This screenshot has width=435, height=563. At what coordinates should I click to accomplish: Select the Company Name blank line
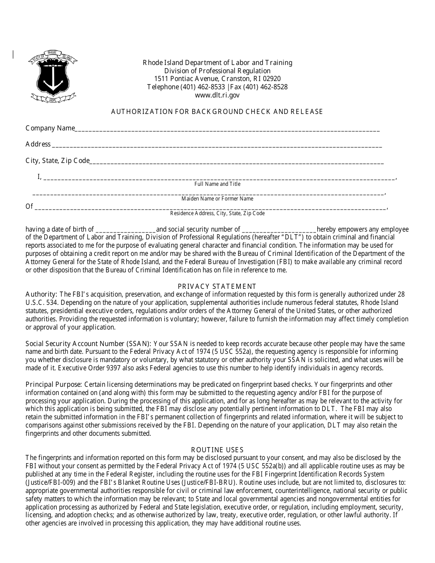click(227, 130)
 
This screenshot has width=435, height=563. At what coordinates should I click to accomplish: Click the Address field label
click(38, 144)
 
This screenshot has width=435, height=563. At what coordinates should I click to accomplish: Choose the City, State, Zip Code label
click(57, 161)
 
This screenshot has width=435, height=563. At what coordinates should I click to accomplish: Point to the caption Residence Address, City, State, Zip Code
click(217, 213)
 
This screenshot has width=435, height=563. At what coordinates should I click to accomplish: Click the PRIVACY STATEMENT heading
click(217, 287)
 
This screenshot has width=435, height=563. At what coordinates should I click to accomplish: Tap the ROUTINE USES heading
click(217, 450)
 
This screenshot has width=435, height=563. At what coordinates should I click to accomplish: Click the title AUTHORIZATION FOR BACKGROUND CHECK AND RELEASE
click(217, 112)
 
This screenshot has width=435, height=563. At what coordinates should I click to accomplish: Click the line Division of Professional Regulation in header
click(217, 71)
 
